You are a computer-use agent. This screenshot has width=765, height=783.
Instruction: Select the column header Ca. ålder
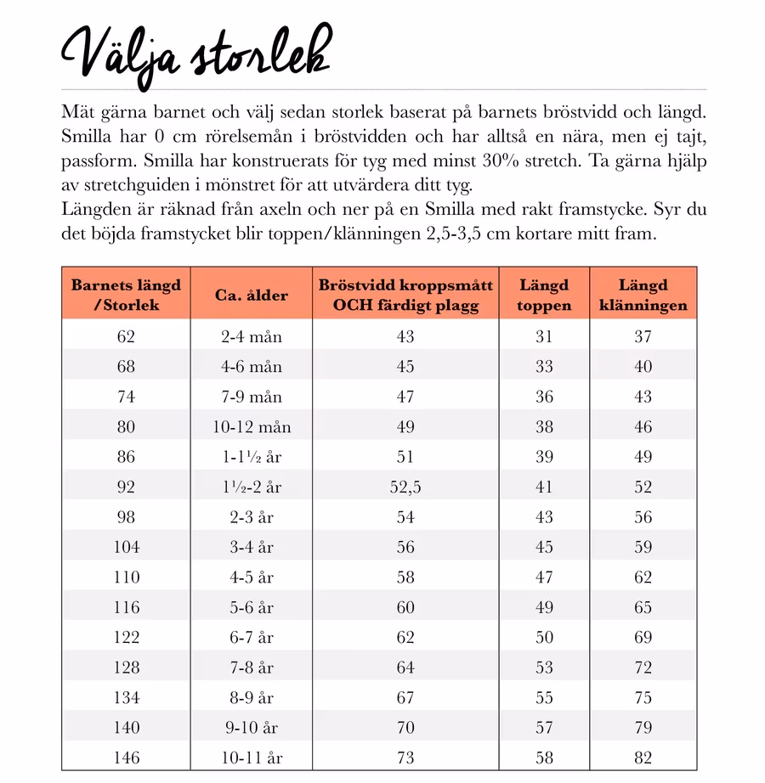tap(251, 296)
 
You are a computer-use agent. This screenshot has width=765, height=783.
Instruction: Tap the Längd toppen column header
tap(544, 295)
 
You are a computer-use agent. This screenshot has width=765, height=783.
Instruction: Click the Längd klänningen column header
tap(643, 295)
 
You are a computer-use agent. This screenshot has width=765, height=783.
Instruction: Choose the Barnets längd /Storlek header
tap(126, 295)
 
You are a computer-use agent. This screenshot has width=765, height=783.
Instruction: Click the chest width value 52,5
tap(405, 487)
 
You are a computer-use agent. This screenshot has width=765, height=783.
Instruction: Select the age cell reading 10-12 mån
tap(251, 427)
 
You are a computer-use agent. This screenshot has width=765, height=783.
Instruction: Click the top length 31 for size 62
tap(544, 337)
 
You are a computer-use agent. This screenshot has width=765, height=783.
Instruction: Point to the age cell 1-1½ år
tap(251, 458)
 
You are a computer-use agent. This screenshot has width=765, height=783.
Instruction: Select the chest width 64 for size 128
tap(405, 668)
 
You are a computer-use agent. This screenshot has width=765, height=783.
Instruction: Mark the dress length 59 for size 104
tap(643, 548)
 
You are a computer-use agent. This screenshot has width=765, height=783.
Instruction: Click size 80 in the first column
tap(126, 427)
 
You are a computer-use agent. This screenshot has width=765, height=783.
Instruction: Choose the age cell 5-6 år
tap(251, 608)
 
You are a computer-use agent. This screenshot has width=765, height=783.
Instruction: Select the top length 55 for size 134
tap(544, 698)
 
